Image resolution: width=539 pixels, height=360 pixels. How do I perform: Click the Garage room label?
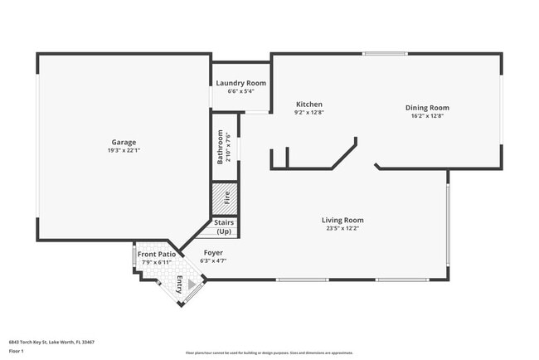click(x=124, y=142)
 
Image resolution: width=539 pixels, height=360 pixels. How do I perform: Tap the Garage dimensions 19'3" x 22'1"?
click(x=124, y=150)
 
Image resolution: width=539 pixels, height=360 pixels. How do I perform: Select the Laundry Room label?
click(x=240, y=83)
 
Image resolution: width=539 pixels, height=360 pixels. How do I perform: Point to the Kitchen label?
click(x=309, y=104)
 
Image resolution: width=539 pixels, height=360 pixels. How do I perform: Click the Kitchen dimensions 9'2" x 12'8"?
click(x=309, y=112)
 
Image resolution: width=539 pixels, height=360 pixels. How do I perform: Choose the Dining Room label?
click(x=427, y=108)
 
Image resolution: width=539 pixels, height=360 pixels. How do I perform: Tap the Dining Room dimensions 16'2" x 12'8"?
click(x=427, y=116)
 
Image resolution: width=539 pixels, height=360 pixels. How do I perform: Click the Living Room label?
click(x=342, y=220)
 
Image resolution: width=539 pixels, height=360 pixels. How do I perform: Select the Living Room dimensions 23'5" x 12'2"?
click(x=342, y=228)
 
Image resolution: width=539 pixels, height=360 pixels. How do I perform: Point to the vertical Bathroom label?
click(x=221, y=147)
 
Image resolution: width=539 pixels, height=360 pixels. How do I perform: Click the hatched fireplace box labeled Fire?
click(x=225, y=199)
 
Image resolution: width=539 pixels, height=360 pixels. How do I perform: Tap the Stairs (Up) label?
click(x=224, y=226)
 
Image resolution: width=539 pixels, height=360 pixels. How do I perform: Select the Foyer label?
click(x=213, y=252)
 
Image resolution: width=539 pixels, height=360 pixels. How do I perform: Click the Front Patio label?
click(x=156, y=254)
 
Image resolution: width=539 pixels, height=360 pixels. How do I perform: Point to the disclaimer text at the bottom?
click(x=269, y=353)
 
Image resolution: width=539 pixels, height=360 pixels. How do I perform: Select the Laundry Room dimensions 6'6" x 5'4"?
click(x=240, y=91)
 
